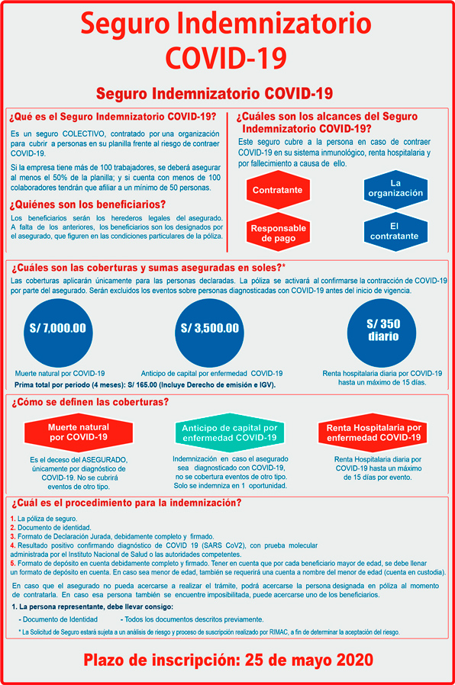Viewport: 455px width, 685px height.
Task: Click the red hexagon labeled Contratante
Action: coord(277,189)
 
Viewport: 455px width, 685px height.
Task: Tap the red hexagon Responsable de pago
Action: coord(277,232)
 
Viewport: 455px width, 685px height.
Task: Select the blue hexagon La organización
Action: coord(395,188)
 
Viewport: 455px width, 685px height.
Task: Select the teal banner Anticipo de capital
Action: coord(228,433)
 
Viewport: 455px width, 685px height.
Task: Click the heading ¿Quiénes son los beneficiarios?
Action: coord(87,204)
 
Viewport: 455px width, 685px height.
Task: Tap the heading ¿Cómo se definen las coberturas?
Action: coord(89,402)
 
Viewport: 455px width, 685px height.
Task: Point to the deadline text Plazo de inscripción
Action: coord(227,658)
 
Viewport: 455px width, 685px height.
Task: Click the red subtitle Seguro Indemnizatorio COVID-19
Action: coord(215,93)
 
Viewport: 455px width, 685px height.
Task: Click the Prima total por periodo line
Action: coord(144,385)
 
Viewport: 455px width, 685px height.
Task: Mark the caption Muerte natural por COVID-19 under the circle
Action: coord(60,374)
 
